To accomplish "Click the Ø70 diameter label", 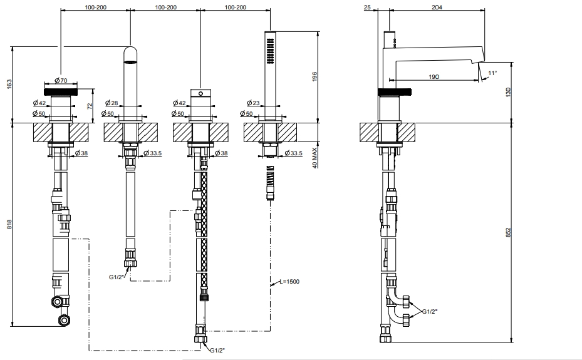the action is click(61, 80).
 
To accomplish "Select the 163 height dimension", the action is click(9, 84).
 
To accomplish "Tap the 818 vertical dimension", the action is click(9, 224).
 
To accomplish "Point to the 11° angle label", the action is click(492, 73).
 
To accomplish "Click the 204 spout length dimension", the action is click(437, 7).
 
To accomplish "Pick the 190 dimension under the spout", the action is click(434, 76).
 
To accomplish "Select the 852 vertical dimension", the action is click(509, 232).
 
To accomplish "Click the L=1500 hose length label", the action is click(289, 281).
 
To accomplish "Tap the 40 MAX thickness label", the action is click(314, 158).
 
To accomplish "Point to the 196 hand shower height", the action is click(314, 77).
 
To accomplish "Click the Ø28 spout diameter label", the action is click(112, 103).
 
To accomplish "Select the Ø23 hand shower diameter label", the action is click(254, 103).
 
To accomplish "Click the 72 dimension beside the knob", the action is click(90, 106).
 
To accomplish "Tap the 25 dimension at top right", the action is click(368, 7).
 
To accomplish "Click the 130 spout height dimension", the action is click(509, 92).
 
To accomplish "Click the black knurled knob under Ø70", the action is click(61, 91).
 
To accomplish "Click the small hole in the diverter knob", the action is click(201, 93).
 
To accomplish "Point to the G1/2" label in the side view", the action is click(430, 311).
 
